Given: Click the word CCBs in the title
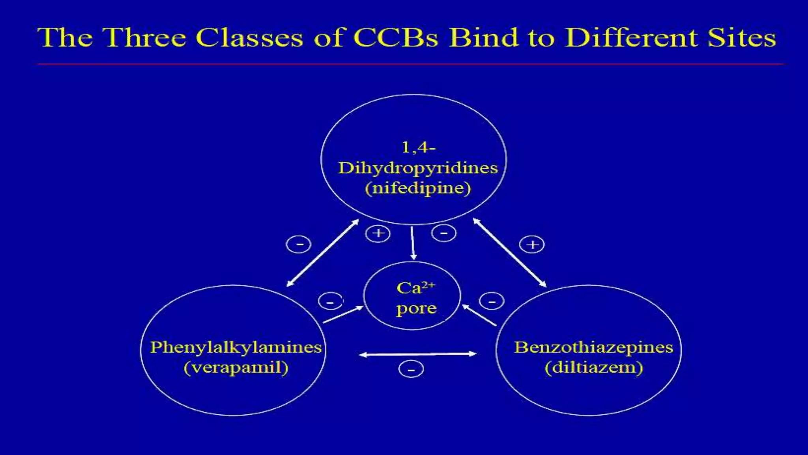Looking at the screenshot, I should pos(395,38).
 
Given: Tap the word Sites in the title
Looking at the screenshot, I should pos(742,38).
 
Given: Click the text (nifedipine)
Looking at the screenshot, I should pos(418,188).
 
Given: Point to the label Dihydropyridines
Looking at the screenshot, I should pos(418,168).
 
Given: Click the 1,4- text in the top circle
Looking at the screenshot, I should pos(418,148).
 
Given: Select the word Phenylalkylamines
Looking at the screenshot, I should pos(236,348).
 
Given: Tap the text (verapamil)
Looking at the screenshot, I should pos(236,368).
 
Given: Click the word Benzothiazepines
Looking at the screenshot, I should pos(593,348).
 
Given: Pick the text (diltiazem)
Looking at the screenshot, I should pos(594,368).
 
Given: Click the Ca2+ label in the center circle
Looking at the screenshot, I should pos(415,288).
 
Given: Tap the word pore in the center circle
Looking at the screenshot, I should pos(416,308).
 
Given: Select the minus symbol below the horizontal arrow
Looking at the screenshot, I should pos(411,370).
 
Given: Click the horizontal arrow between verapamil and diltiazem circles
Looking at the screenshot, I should pos(418,354).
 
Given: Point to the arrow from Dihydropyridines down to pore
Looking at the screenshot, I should pos(413,243).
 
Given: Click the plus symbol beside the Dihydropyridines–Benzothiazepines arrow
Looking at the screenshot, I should pos(532,244).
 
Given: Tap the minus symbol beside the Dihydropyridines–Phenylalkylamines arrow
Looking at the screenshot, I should pos(299,244).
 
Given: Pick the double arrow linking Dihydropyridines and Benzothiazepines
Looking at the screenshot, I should pos(510,252).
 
